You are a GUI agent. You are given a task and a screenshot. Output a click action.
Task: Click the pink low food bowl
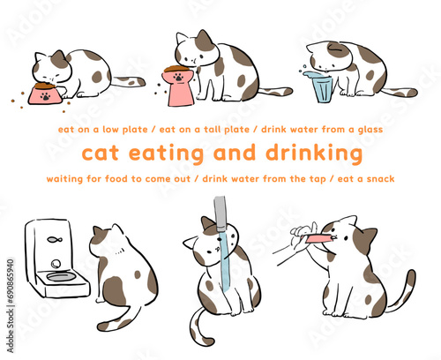pyautogui.click(x=42, y=92)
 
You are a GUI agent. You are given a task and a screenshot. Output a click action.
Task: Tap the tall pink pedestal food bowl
pyautogui.click(x=179, y=79)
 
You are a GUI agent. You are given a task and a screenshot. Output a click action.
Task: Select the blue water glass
pyautogui.click(x=320, y=86)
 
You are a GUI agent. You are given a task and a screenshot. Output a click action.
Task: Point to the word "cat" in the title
pyautogui.click(x=99, y=154)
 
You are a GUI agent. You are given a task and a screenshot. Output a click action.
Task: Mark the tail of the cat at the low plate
pyautogui.click(x=128, y=81)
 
